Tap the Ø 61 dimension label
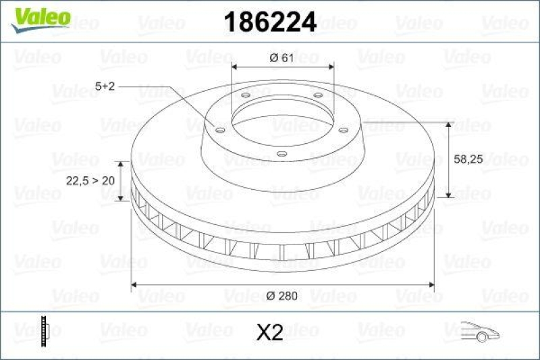(x=282, y=57)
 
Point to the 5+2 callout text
(x=107, y=86)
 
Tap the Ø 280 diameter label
(x=282, y=295)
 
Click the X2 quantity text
(x=270, y=332)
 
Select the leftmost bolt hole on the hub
(x=219, y=129)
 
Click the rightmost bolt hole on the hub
(x=342, y=129)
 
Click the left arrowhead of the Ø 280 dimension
(x=134, y=284)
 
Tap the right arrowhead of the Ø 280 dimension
(x=431, y=284)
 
